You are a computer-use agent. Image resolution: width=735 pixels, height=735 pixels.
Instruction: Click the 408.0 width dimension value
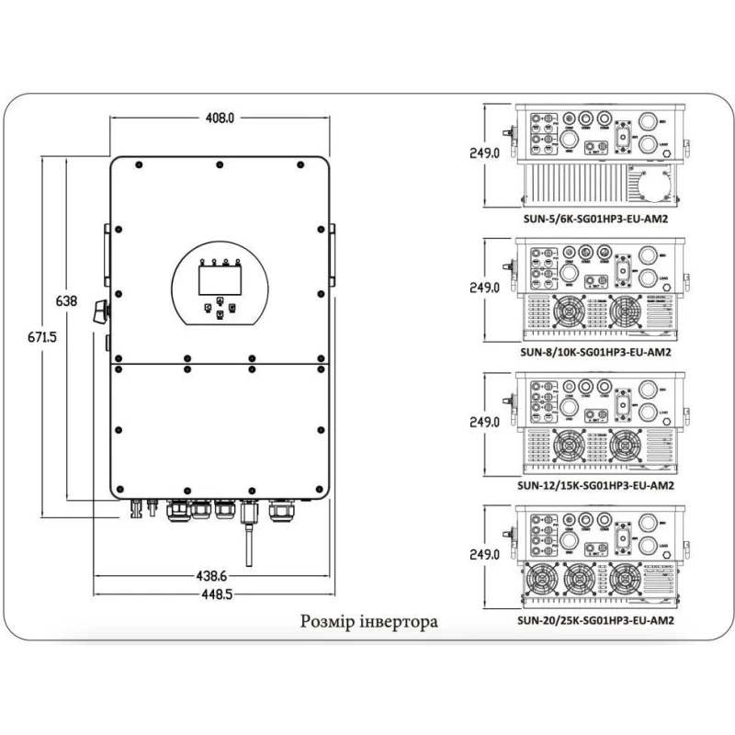coord(220,118)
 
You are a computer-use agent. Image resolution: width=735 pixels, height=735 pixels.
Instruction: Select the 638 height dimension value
coord(67,300)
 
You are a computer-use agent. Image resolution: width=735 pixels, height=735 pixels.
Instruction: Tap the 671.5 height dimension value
coord(40,337)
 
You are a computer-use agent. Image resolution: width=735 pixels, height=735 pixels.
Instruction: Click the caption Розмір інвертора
coord(369,622)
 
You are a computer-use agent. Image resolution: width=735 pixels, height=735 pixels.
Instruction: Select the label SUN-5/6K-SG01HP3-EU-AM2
coord(594,220)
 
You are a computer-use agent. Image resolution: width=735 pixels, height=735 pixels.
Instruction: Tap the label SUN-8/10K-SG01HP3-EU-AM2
coord(594,351)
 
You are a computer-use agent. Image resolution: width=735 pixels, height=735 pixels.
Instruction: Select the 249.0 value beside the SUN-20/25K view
coord(484,555)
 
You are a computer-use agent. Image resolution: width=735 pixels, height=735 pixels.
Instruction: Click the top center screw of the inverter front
coord(219,165)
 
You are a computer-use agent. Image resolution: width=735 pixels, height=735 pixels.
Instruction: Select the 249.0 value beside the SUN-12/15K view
coord(484,422)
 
